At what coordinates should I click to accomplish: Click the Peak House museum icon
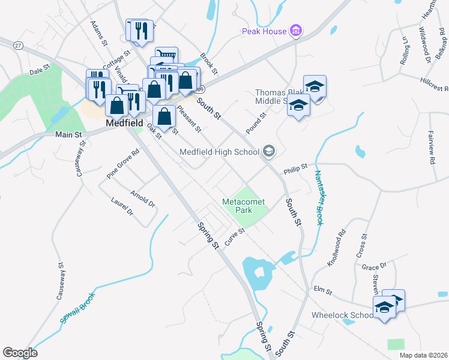tap(295, 30)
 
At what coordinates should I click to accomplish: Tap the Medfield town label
tap(124, 123)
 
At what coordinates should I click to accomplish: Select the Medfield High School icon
tap(268, 151)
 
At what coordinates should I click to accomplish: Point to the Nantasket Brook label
tap(318, 199)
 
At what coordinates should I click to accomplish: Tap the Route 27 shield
tap(19, 46)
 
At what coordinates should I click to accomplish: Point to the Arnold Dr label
tap(143, 200)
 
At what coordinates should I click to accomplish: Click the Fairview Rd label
tap(432, 147)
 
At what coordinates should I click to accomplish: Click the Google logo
tap(20, 353)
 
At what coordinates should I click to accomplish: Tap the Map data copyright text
tap(424, 355)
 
